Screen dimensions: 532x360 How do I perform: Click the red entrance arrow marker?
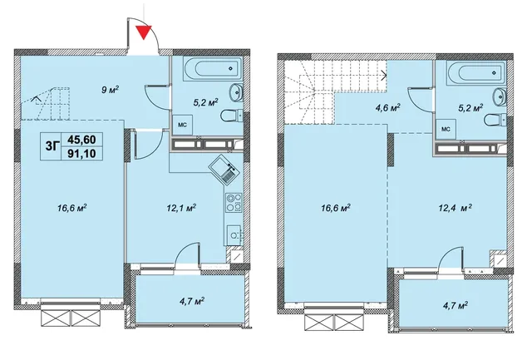coord(144,32)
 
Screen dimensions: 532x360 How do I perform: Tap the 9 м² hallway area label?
coord(111,90)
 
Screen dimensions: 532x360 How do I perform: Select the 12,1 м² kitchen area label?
coord(181,207)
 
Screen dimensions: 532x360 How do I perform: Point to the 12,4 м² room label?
coord(456,207)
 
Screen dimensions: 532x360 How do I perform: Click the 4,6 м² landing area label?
coord(387,108)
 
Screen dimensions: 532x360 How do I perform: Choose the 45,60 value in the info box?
coord(81,140)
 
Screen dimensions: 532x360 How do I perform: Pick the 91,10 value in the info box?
coord(81,154)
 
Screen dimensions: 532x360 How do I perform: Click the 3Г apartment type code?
coord(52,146)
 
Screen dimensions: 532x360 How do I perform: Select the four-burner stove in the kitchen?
coord(234,202)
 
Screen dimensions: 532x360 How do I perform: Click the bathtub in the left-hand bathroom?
coord(213,68)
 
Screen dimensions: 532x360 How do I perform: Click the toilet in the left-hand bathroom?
coord(232,116)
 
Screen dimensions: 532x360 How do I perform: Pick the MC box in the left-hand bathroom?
coord(183,125)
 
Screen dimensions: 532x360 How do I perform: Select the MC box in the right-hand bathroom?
coord(446,129)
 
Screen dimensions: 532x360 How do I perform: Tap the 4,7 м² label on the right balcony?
coord(454,305)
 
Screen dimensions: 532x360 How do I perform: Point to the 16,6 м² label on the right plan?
coord(336,207)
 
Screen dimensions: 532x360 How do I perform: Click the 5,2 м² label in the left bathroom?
coord(205,102)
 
